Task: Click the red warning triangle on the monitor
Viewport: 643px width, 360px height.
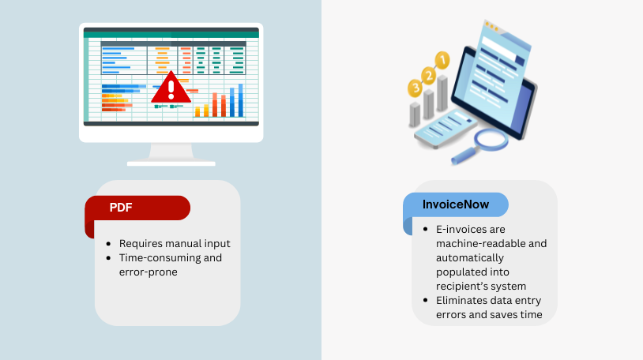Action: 171,89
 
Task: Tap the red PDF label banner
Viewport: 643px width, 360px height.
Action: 137,208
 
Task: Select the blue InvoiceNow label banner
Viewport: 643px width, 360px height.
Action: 456,204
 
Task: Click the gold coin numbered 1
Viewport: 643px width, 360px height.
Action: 442,61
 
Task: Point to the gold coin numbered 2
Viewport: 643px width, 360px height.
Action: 428,76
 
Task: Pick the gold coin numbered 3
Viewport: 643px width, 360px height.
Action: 415,88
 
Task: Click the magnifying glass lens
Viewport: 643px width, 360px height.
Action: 491,140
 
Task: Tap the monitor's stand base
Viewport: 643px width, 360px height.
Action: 171,163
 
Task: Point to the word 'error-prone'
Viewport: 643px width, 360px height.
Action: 149,272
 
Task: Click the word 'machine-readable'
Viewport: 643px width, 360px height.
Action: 480,244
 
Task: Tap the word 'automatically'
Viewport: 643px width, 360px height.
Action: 470,258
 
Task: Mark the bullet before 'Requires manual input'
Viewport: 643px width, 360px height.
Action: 108,244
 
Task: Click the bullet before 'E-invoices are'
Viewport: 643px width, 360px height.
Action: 425,230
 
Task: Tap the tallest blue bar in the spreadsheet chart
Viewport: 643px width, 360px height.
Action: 241,100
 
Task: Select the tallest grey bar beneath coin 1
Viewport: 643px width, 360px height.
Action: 442,93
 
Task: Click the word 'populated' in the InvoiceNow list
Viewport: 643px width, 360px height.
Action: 472,272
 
